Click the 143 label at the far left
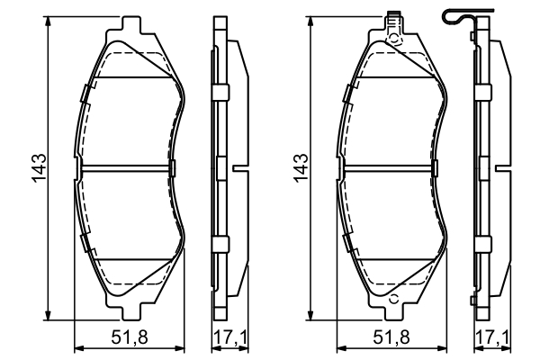click(x=39, y=167)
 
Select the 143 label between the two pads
click(x=301, y=167)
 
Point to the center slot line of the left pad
click(x=126, y=167)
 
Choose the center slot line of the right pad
click(x=389, y=167)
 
